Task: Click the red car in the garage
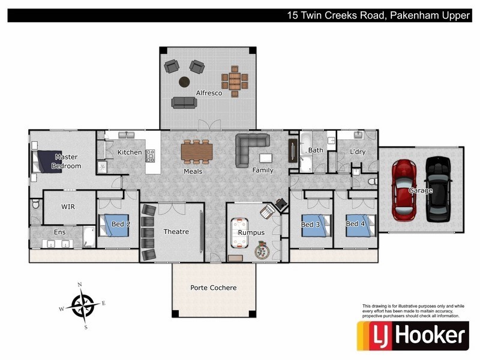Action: [x=404, y=190]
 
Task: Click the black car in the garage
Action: [x=439, y=189]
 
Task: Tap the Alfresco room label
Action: [x=209, y=93]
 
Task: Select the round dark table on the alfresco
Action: [x=184, y=82]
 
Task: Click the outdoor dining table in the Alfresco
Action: [x=235, y=82]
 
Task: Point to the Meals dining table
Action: [x=197, y=152]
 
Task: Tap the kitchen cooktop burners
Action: [x=150, y=156]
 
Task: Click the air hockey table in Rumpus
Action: [x=239, y=232]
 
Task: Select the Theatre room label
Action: [x=176, y=232]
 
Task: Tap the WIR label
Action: [x=68, y=206]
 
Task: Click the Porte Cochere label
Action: [x=214, y=288]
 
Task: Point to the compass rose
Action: [x=83, y=305]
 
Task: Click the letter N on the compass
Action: [x=80, y=284]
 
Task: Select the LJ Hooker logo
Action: [x=413, y=336]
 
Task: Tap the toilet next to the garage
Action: [x=373, y=182]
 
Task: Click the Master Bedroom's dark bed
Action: [x=47, y=161]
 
